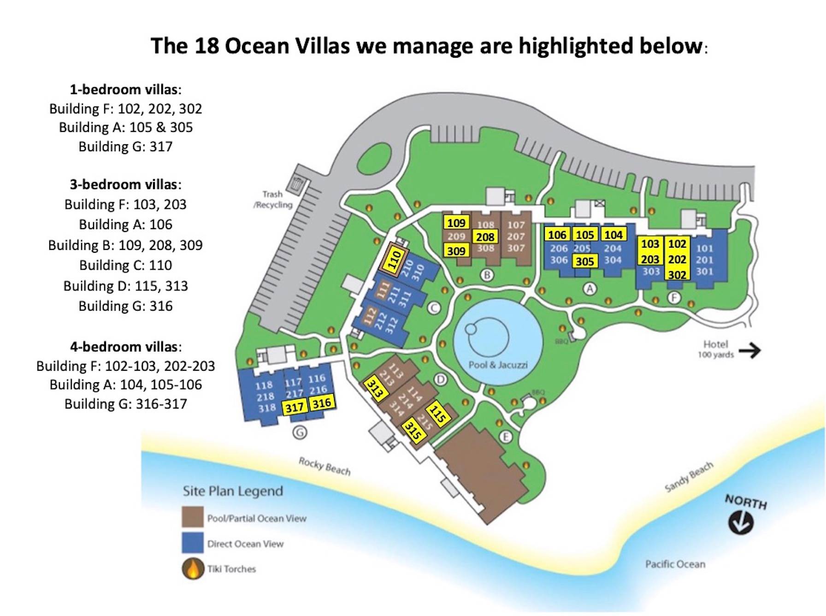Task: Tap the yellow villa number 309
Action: click(456, 251)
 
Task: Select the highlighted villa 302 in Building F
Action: click(677, 274)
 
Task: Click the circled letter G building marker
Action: click(300, 432)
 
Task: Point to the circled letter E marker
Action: click(506, 437)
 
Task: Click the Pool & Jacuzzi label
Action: click(498, 365)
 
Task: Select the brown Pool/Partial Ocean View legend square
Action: click(193, 517)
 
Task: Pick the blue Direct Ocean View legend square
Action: click(193, 543)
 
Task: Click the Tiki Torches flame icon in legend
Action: click(193, 569)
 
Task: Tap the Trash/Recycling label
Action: click(273, 199)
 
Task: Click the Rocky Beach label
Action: click(324, 466)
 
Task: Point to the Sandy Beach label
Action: click(689, 477)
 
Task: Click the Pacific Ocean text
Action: click(675, 564)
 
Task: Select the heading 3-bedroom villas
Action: click(125, 184)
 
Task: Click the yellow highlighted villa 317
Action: click(294, 407)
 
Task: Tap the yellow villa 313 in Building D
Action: click(375, 388)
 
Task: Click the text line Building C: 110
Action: click(125, 265)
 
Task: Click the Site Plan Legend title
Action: click(233, 491)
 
